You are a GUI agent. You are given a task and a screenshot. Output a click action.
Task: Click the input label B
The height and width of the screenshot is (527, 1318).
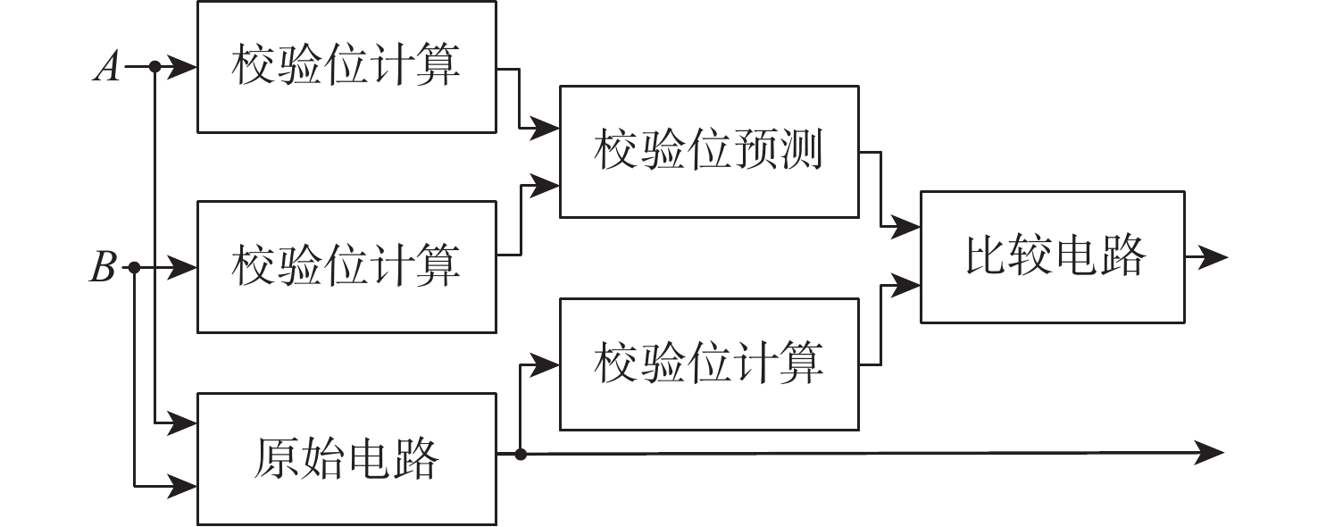[x=104, y=267]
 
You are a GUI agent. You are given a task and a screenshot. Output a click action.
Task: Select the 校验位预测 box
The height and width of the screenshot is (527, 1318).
[x=709, y=151]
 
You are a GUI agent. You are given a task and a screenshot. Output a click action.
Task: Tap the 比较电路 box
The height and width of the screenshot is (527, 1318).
[x=1052, y=256]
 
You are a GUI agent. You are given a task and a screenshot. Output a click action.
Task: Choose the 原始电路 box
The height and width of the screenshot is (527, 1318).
[x=346, y=458]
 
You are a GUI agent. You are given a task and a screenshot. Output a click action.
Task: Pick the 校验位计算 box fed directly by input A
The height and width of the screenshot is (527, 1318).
[x=346, y=67]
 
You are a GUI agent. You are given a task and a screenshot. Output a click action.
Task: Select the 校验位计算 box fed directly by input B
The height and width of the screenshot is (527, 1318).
[x=346, y=266]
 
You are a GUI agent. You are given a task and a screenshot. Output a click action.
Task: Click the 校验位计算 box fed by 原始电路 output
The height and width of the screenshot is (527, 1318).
[x=709, y=364]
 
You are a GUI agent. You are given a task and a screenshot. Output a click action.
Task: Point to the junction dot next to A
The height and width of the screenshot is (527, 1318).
[x=154, y=66]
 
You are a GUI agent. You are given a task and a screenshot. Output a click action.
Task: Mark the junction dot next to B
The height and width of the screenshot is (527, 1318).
[x=134, y=267]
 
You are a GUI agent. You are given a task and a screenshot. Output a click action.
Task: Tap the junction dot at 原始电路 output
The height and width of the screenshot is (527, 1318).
[x=521, y=454]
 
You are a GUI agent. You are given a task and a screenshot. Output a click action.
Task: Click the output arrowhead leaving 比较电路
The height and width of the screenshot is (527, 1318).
[x=1214, y=257]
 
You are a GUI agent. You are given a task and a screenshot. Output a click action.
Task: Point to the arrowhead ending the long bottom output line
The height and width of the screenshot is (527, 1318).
[x=1210, y=453]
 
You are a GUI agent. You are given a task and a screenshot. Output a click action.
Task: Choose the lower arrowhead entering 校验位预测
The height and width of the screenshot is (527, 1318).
[x=546, y=186]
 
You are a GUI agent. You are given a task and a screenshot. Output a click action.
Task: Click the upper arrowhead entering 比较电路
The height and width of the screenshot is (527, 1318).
[x=906, y=229]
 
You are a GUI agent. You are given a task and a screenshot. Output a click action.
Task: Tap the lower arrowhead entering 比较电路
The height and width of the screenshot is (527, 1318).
[x=906, y=286]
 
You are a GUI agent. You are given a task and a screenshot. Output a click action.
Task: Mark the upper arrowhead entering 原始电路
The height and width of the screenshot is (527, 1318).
[x=183, y=421]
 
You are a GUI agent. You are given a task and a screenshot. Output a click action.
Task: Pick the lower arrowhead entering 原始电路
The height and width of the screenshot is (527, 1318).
[x=183, y=486]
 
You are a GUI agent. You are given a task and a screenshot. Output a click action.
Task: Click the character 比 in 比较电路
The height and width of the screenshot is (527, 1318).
[x=984, y=257]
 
